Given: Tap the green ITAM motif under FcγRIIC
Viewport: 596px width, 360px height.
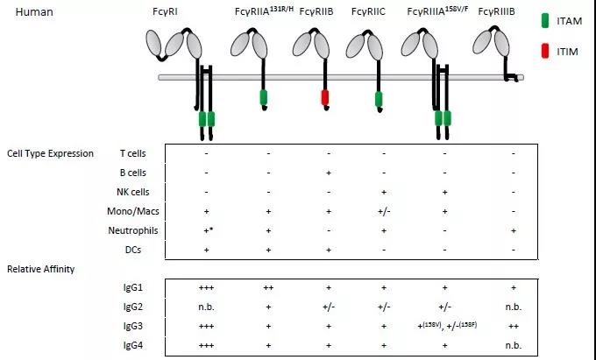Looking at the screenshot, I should click(379, 100).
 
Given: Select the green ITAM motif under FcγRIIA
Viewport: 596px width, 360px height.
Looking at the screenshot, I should click(263, 96).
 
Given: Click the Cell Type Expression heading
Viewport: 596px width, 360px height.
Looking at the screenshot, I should click(50, 153).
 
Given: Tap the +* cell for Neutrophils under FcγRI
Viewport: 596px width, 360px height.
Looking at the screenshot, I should click(207, 230).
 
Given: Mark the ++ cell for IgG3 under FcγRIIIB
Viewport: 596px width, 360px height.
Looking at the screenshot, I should click(513, 325).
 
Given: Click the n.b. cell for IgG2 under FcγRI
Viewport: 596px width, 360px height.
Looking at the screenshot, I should click(206, 306).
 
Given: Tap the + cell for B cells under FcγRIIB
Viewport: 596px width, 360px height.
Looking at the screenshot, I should click(327, 173).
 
